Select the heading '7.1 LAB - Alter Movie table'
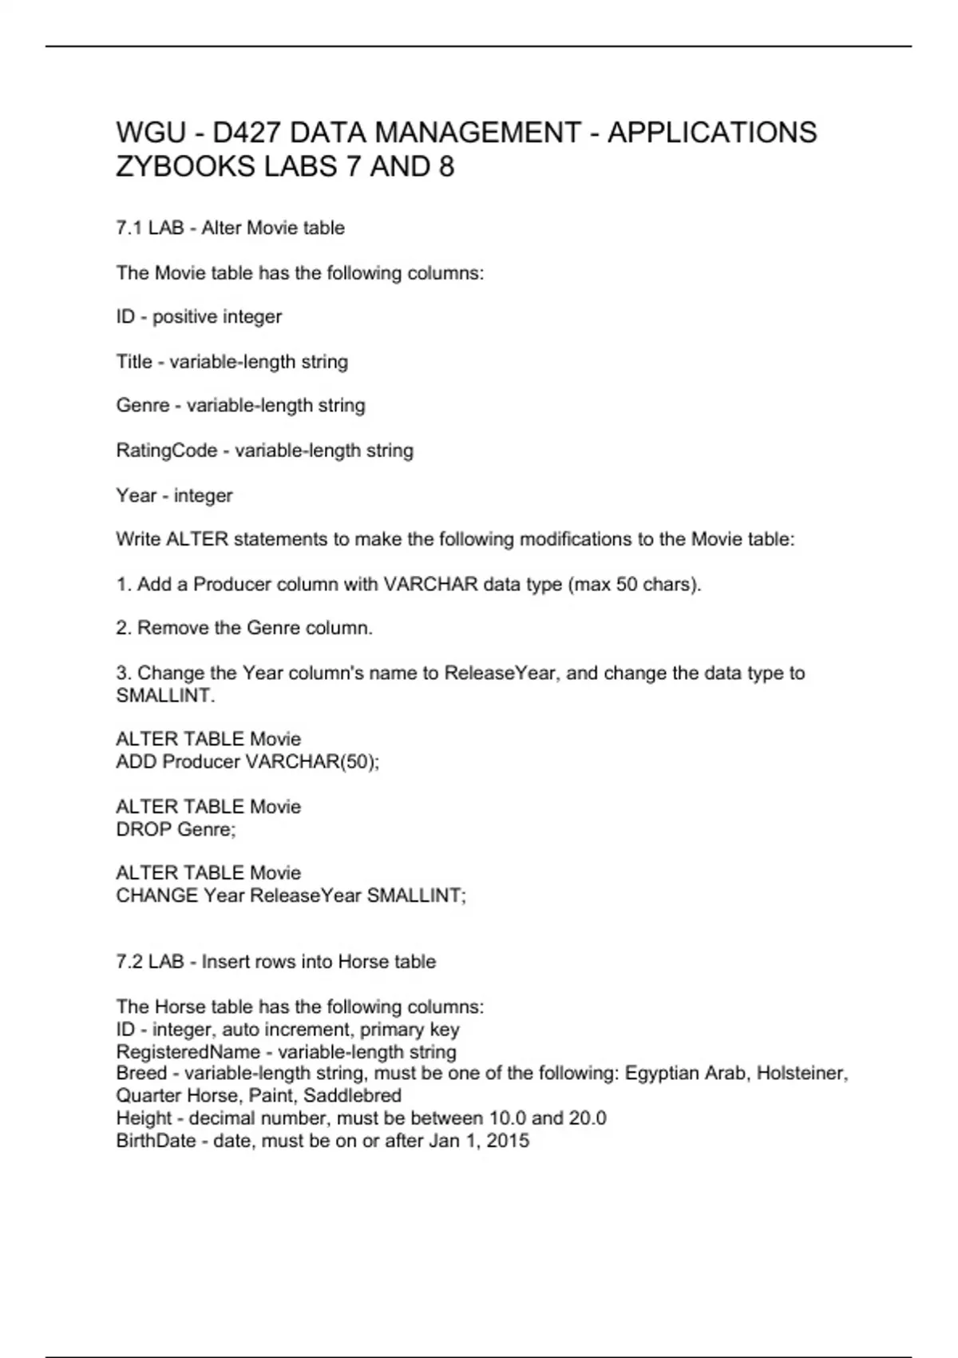click(230, 228)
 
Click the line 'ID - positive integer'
click(199, 316)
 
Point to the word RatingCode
click(166, 451)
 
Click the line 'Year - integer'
click(174, 495)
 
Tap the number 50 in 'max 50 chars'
click(627, 584)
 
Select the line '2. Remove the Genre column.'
click(244, 628)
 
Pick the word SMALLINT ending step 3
click(164, 695)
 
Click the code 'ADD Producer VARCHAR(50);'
click(247, 761)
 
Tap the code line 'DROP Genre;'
click(176, 829)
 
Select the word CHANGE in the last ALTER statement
click(156, 895)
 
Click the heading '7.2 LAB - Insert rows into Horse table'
click(275, 962)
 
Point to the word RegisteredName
click(188, 1051)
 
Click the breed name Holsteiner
click(802, 1073)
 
